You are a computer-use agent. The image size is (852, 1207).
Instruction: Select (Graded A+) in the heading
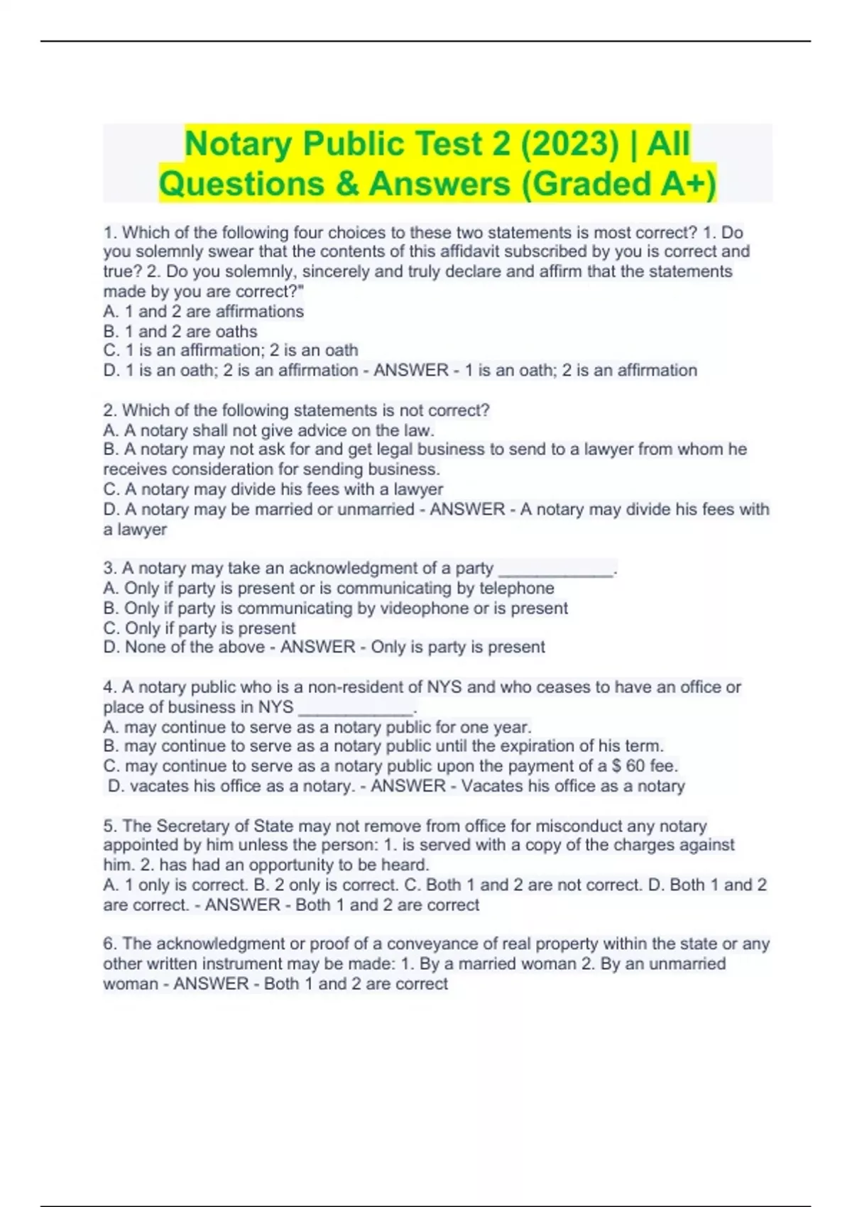[x=618, y=183]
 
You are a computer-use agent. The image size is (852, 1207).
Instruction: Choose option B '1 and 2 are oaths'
[x=180, y=331]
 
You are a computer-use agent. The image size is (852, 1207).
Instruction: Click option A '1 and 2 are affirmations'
[x=203, y=311]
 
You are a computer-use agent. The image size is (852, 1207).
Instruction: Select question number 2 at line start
[x=110, y=410]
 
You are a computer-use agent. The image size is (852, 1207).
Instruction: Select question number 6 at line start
[x=110, y=944]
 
